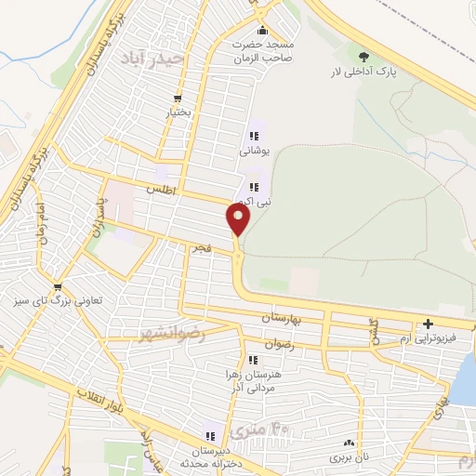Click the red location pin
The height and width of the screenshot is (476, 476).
click(x=238, y=219)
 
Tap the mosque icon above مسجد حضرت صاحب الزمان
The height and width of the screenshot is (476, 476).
click(x=263, y=28)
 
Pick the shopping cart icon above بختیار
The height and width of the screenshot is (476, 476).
click(x=178, y=99)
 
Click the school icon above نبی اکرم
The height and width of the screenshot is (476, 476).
click(x=253, y=187)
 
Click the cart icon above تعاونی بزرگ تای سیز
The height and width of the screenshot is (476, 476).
click(x=59, y=286)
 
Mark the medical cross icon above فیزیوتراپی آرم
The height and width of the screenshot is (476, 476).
click(x=427, y=324)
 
